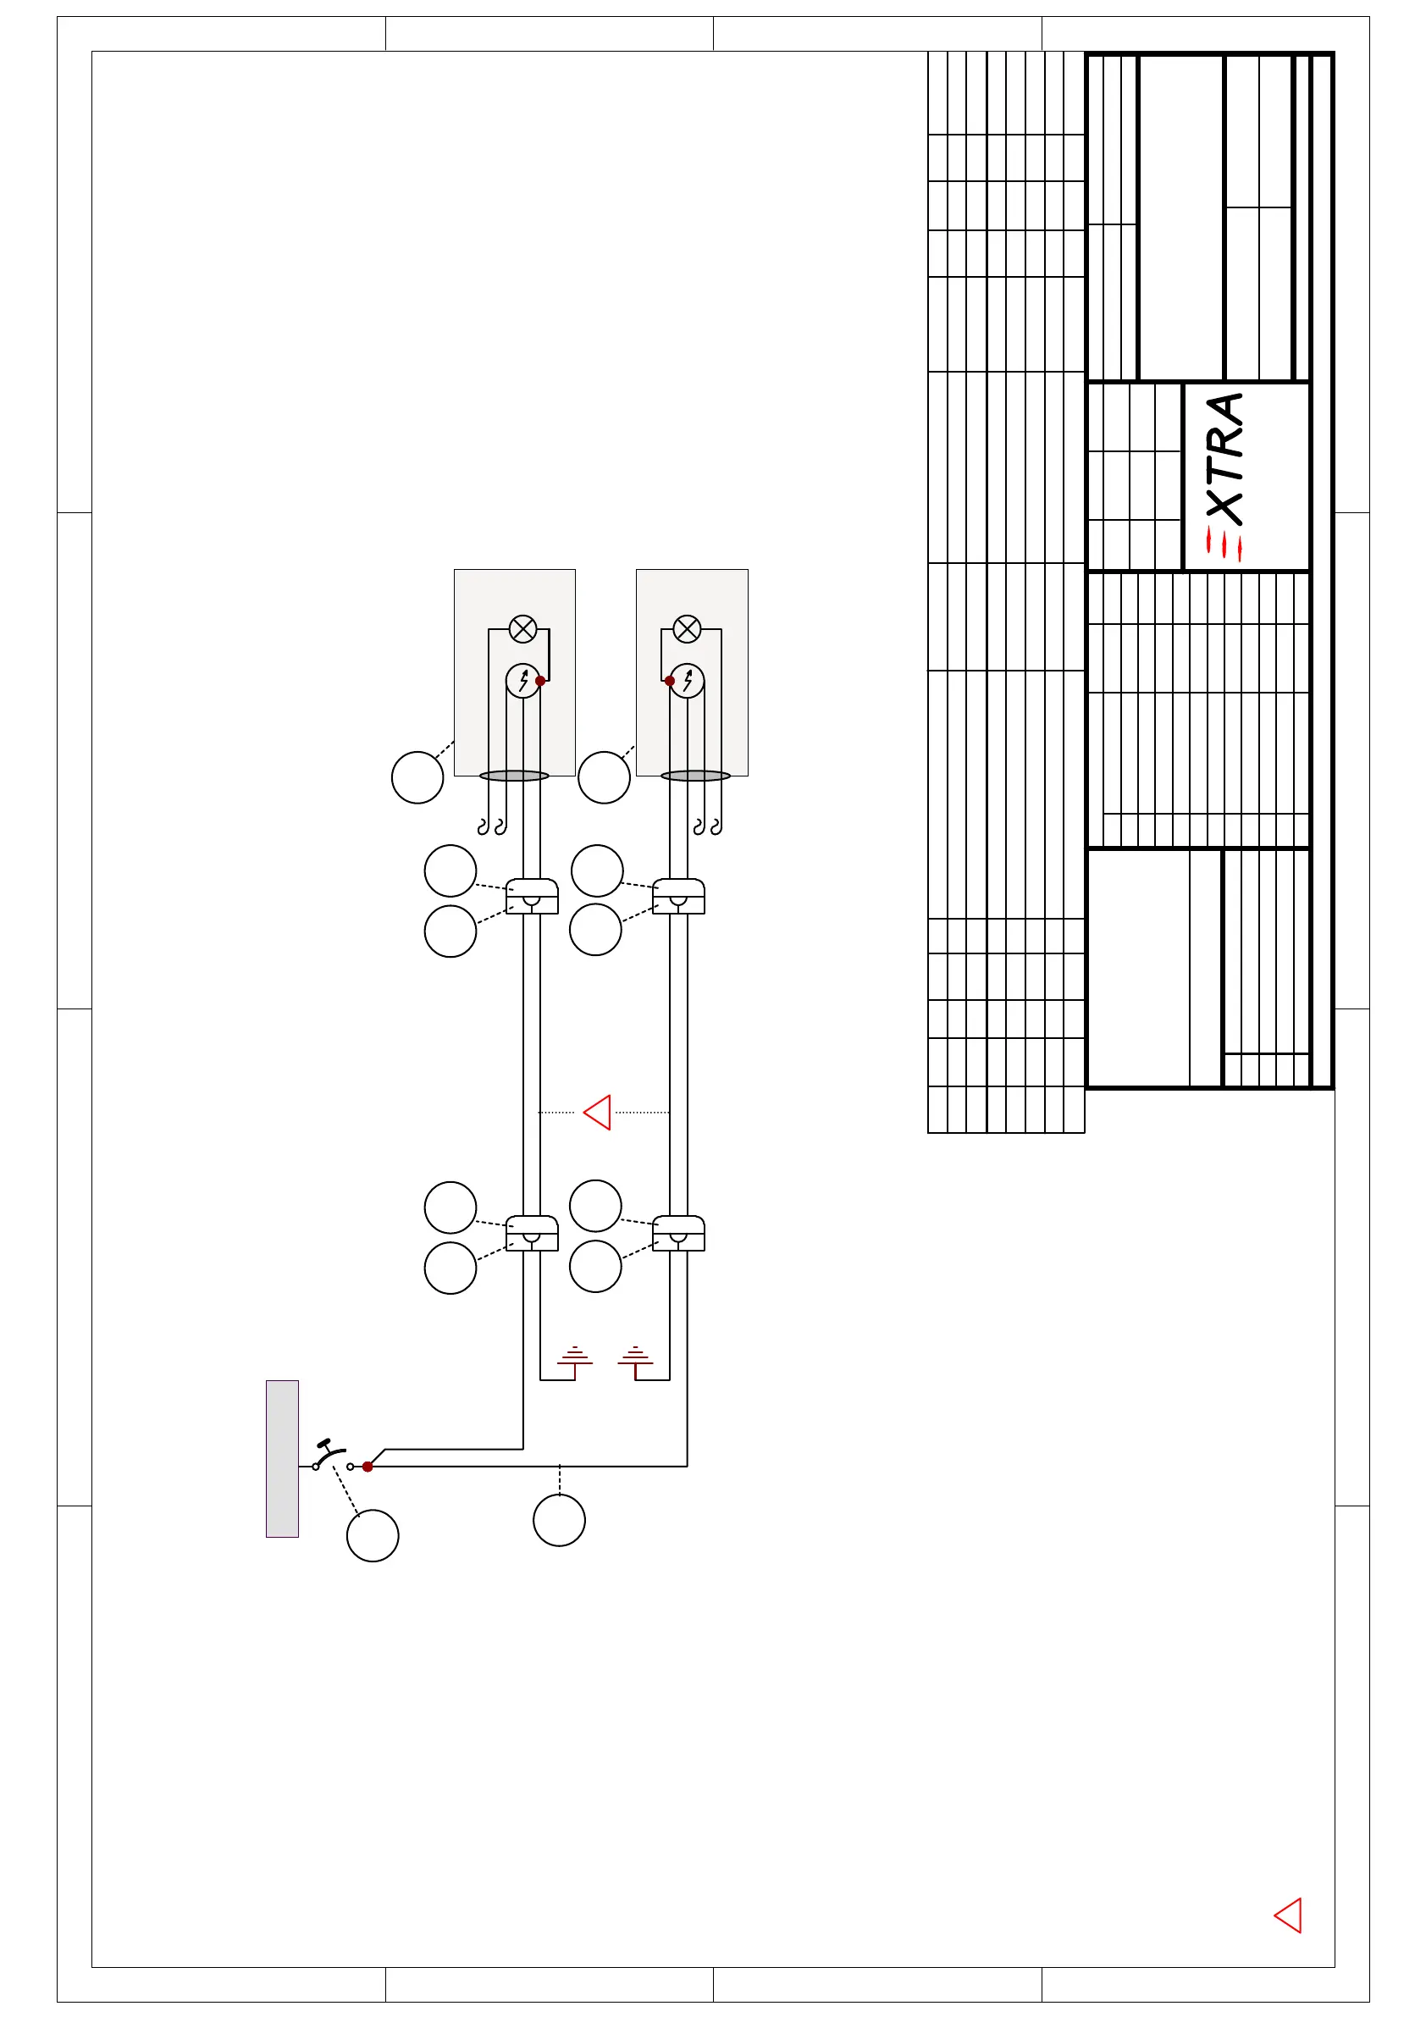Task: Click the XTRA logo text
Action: [x=1224, y=474]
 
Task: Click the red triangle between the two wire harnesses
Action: [x=598, y=1112]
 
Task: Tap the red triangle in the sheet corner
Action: [x=1288, y=1915]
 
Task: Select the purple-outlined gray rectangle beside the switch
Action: [x=282, y=1459]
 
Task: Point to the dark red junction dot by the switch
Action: [x=368, y=1467]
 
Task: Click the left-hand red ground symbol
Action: [x=575, y=1359]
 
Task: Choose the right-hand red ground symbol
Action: [x=635, y=1359]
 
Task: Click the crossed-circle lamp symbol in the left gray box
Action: [x=522, y=629]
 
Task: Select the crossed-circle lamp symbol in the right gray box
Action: [x=687, y=629]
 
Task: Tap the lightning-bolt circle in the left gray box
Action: [x=522, y=681]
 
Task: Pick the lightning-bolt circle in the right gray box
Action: [x=687, y=681]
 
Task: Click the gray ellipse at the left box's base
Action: [x=514, y=776]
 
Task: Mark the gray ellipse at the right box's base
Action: [x=696, y=776]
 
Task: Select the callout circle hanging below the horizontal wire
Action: [x=559, y=1521]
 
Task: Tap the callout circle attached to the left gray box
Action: [x=417, y=777]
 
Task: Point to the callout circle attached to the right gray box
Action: [x=605, y=777]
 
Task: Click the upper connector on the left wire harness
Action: [x=532, y=896]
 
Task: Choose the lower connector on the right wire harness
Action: [x=678, y=1234]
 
